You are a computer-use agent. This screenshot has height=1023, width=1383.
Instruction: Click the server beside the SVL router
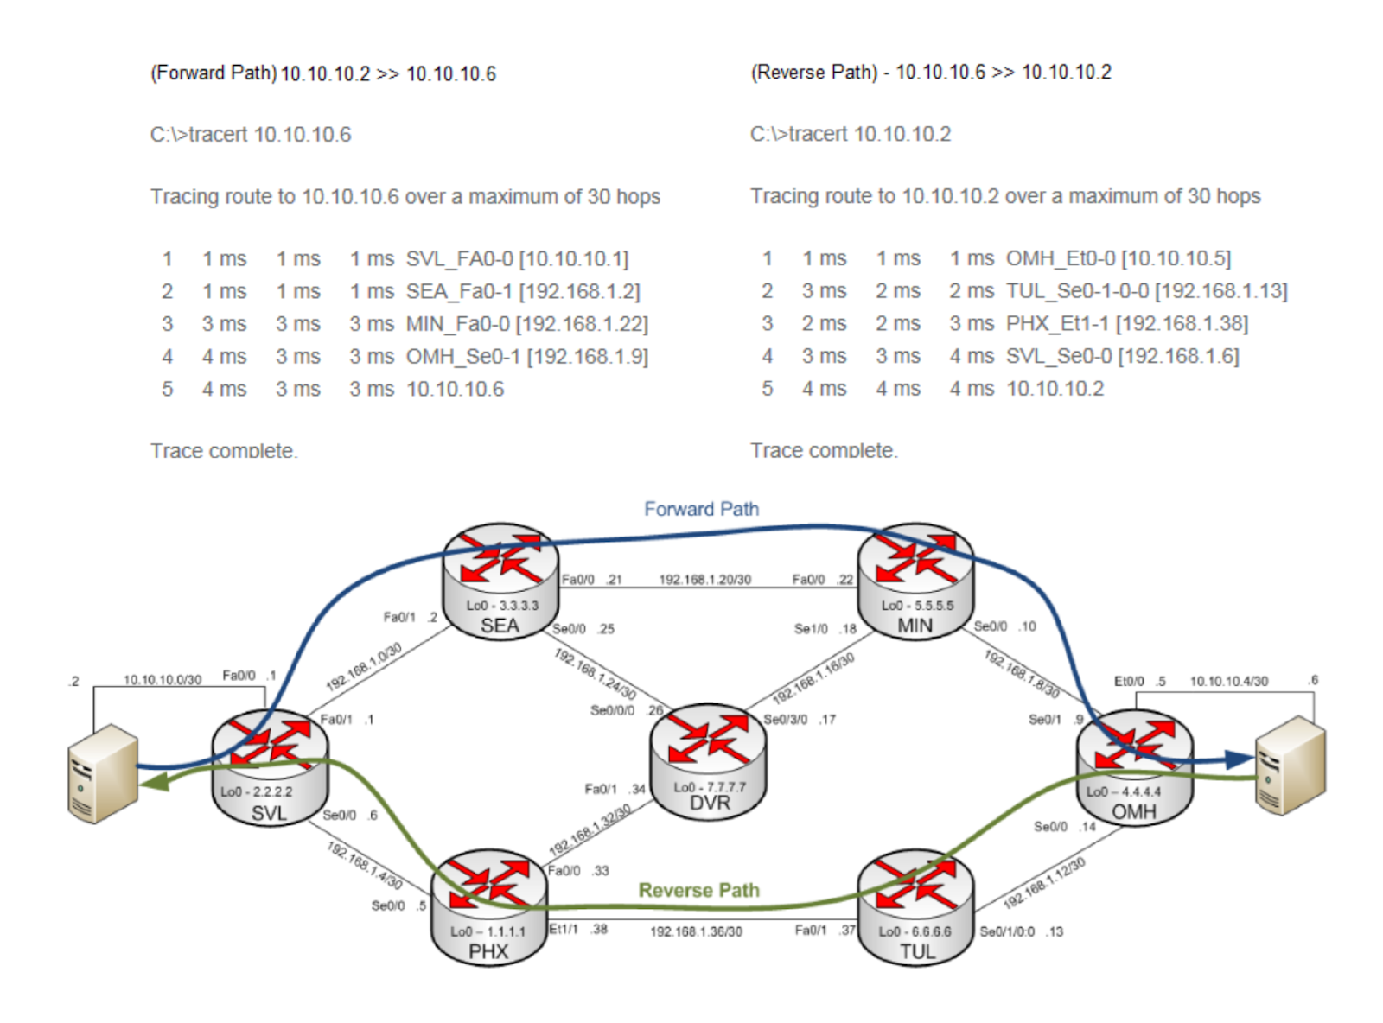[x=103, y=773]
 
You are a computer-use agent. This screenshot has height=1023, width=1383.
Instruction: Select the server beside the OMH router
[x=1291, y=766]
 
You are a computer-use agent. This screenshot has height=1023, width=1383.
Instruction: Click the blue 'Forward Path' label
[x=702, y=509]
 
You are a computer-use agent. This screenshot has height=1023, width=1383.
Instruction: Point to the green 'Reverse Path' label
[x=699, y=890]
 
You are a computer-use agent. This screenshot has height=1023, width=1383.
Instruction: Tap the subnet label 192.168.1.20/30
[x=704, y=580]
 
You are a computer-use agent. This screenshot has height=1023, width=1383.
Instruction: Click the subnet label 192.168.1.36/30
[x=696, y=932]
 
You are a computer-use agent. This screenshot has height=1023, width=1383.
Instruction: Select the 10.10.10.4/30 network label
[x=1228, y=682]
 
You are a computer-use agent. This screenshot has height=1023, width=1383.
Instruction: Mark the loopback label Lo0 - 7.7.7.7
[x=710, y=787]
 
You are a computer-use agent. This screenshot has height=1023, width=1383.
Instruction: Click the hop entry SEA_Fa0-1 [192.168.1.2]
[x=523, y=291]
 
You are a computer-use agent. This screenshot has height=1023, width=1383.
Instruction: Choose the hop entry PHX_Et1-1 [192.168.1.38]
[x=1127, y=323]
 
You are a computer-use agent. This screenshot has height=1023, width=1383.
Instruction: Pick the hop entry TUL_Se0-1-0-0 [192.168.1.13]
[x=1146, y=291]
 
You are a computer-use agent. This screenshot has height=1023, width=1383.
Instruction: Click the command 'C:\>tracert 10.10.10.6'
[x=251, y=135]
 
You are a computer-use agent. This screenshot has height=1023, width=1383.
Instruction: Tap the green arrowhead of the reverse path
[x=154, y=782]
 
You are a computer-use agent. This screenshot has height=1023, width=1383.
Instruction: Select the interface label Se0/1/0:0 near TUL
[x=1006, y=932]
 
